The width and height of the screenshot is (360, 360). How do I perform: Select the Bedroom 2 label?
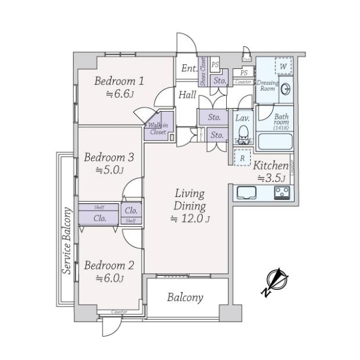pos(109,265)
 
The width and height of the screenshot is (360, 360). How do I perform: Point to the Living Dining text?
pos(190,200)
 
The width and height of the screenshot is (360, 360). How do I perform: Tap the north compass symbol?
pos(275,281)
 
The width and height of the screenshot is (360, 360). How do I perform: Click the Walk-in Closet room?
pos(158,128)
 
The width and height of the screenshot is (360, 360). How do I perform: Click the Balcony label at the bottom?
pos(185,298)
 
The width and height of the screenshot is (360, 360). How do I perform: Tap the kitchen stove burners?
pos(282,193)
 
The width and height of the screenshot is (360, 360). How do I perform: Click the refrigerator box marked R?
pos(242,158)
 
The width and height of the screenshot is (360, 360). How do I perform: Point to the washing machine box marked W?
pos(281,65)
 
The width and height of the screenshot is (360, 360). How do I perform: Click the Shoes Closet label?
pos(203,71)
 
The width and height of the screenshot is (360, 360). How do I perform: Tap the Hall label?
pos(187,94)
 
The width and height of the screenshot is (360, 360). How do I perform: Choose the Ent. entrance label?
pos(189,68)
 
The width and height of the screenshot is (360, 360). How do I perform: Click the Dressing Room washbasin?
pos(286,89)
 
